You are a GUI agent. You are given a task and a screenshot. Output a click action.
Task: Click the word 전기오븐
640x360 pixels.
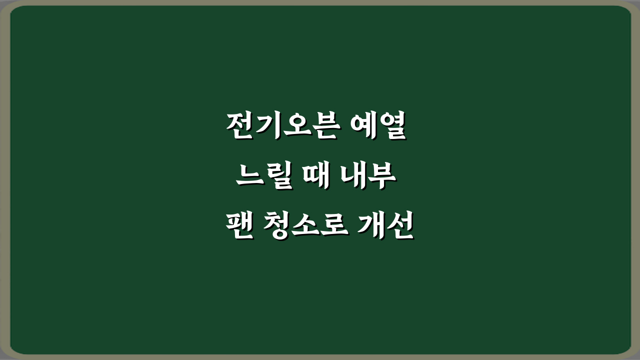point(278,127)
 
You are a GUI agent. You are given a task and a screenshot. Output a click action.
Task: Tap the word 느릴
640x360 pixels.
point(263,178)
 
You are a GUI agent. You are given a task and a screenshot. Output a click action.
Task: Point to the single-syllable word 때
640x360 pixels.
point(315,178)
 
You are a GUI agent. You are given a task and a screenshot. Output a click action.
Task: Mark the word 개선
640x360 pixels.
point(385,227)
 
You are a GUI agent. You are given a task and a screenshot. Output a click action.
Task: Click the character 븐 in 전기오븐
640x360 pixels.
point(317,128)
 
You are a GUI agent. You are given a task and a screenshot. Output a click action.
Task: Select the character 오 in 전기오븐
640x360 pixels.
point(291,128)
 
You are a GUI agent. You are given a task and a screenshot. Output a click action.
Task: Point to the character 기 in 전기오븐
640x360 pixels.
point(265,127)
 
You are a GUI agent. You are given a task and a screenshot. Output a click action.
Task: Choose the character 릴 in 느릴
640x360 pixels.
point(276,178)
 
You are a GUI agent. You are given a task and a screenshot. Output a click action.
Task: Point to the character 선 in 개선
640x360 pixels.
point(399,227)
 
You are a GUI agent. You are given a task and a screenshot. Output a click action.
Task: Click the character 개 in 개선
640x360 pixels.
point(372,227)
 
